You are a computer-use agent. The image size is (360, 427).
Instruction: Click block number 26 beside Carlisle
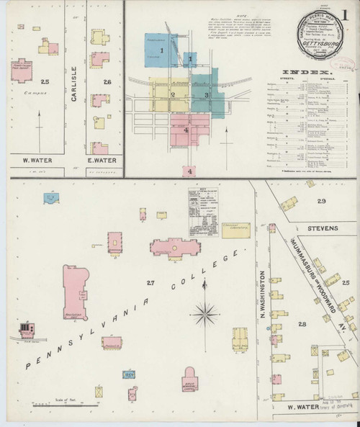click(107, 82)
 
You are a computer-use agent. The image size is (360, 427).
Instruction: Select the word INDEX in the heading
click(305, 73)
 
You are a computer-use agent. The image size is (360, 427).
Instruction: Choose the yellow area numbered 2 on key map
click(173, 94)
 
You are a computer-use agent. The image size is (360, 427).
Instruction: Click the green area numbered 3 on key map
click(207, 94)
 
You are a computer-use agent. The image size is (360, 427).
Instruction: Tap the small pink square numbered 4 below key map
click(190, 171)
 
